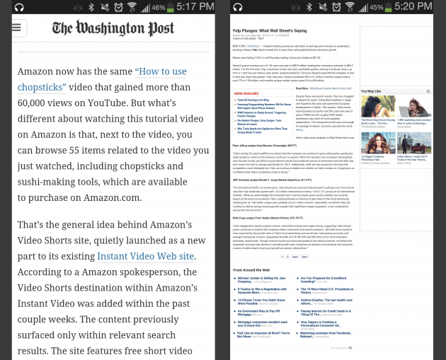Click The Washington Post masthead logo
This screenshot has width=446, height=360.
[113, 28]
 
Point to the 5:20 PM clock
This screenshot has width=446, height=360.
[421, 7]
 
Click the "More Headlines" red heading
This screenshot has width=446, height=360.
[247, 93]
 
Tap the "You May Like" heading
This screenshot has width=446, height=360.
[371, 91]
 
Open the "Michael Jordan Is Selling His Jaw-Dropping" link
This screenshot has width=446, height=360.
[263, 279]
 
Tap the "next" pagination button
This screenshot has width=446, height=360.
[295, 257]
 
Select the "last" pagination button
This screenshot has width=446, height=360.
[306, 257]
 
